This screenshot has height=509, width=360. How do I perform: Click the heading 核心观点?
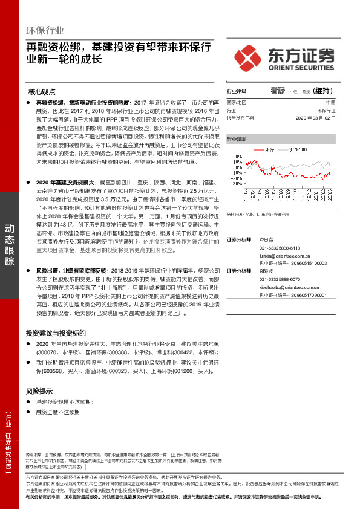pos(42,92)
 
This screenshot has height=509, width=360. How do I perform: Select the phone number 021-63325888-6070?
pos(279,280)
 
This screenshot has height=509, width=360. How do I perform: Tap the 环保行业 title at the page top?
pos(45,30)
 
